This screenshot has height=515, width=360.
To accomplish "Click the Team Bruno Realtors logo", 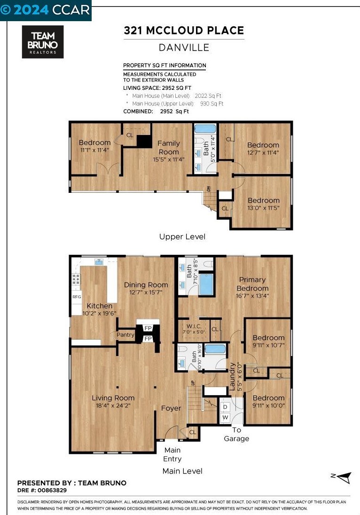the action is pos(43,42).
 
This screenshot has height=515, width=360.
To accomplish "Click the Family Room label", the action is pos(169,148).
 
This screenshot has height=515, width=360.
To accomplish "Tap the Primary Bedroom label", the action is pos(252,284).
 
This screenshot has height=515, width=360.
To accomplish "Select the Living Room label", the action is pos(113,398).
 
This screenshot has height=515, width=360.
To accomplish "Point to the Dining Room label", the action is pos(146,285).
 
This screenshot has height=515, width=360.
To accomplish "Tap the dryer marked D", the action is pos(225,407).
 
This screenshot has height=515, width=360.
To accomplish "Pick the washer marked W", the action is pos(225,418).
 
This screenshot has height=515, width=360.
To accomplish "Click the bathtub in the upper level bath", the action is pos(205,128).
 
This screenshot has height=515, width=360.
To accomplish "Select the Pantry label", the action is pos(125,335).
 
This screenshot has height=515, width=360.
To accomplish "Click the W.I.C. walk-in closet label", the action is pos(194,326).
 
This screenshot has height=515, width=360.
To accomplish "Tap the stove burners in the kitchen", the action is pos(76,279).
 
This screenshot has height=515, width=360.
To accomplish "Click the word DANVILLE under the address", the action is pos(184,48).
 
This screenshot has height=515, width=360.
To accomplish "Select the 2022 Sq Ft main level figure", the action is pos(208,96).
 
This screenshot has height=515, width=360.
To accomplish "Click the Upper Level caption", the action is pos(182,237).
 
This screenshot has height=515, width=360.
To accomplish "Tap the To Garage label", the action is pos(236,434).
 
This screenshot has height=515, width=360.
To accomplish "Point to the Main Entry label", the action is pos(172,454).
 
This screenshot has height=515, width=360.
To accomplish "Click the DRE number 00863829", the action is pos(52,491).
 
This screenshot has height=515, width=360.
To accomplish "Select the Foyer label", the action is pos(171,408).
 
